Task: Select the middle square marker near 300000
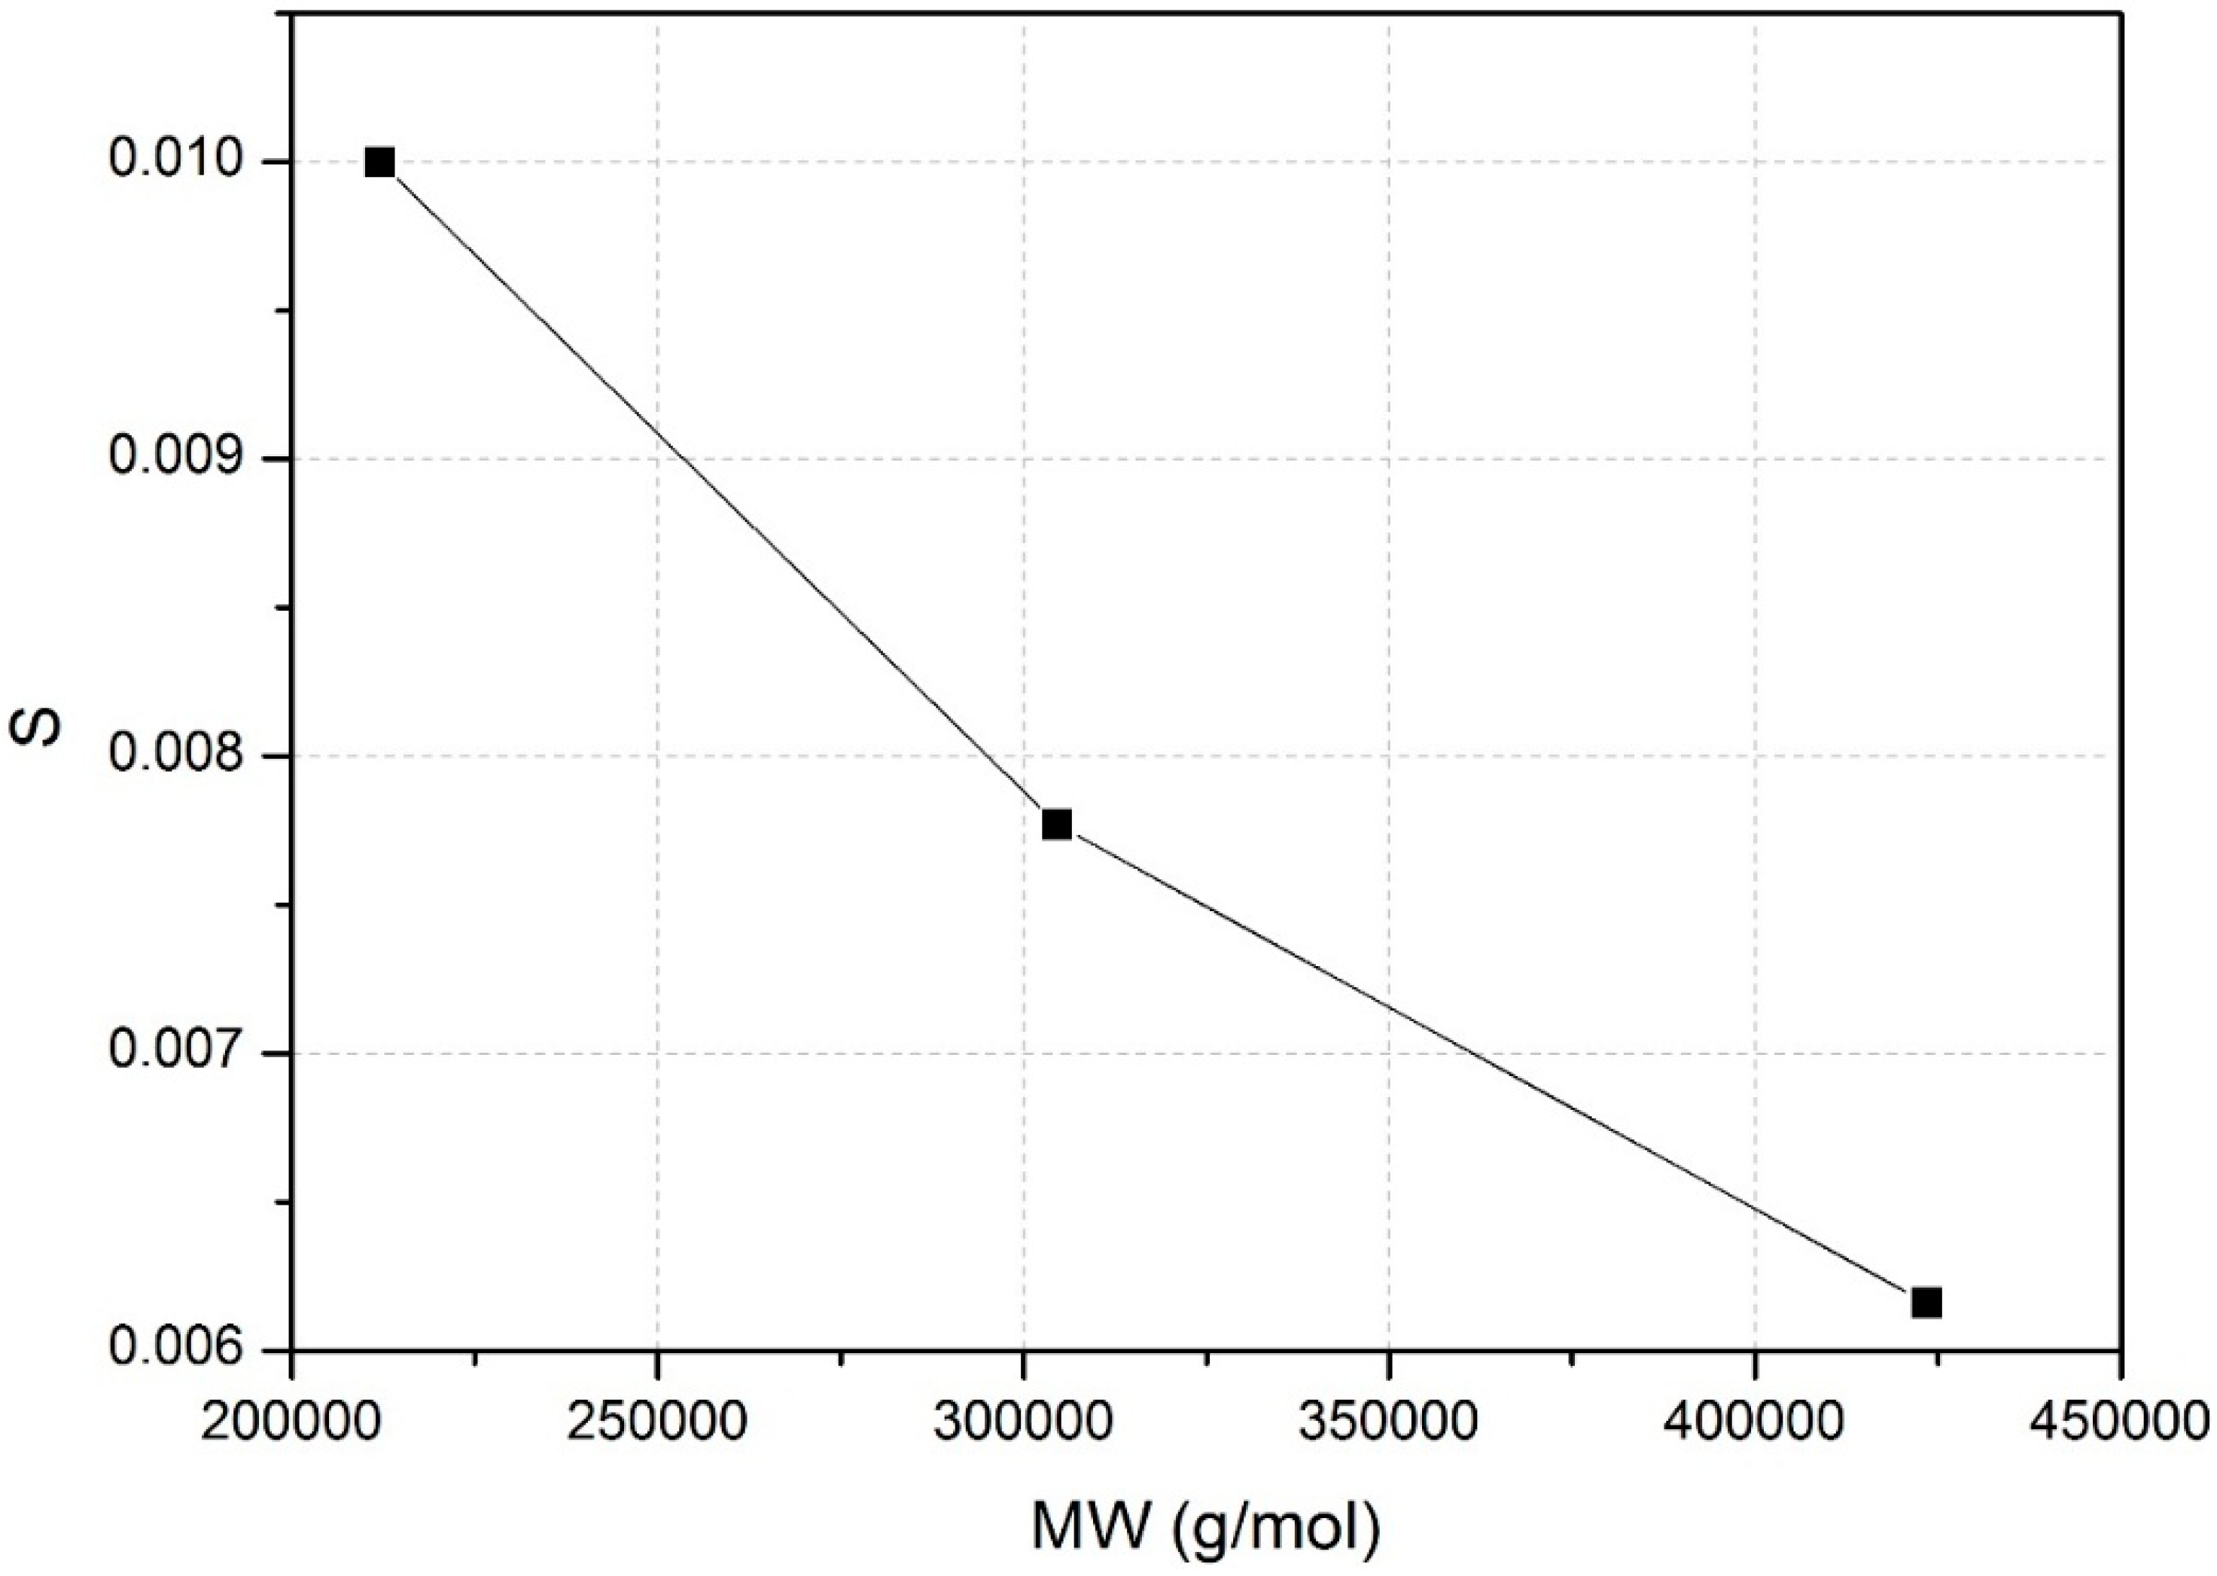click(1057, 824)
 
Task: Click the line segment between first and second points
click(718, 493)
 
